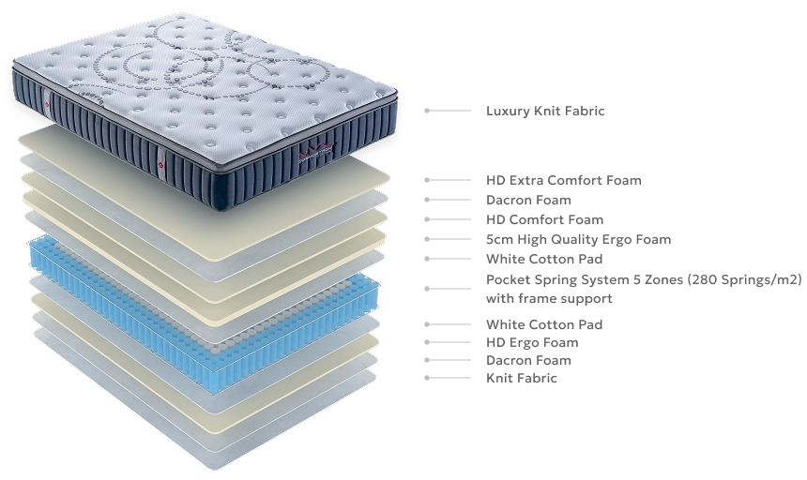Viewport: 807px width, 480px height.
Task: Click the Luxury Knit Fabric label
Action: click(x=545, y=111)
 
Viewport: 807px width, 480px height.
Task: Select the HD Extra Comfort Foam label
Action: click(x=564, y=180)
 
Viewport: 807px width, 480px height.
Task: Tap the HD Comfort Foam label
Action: click(x=544, y=220)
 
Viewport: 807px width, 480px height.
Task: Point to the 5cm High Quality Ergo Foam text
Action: click(x=578, y=239)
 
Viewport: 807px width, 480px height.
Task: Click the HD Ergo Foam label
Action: click(x=532, y=343)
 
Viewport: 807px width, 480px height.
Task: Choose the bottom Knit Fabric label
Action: click(x=522, y=378)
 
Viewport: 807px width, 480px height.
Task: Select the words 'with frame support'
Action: click(x=549, y=298)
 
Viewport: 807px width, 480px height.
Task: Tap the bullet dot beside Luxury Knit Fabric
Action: click(x=427, y=111)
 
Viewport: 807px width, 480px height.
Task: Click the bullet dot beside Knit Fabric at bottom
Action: click(x=427, y=378)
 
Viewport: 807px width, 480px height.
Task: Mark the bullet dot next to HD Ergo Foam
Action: click(x=427, y=342)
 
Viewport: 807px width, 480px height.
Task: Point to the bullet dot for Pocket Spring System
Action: click(x=427, y=289)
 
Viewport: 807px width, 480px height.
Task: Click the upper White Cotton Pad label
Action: click(x=544, y=259)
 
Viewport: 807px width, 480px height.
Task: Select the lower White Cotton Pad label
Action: click(x=544, y=324)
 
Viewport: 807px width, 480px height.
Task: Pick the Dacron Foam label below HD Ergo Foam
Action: click(x=528, y=360)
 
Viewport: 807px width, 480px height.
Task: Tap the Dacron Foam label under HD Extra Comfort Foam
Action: click(x=528, y=200)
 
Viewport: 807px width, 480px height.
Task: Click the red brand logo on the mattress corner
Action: click(x=317, y=151)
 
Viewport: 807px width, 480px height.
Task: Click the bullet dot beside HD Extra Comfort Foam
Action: click(x=427, y=180)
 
